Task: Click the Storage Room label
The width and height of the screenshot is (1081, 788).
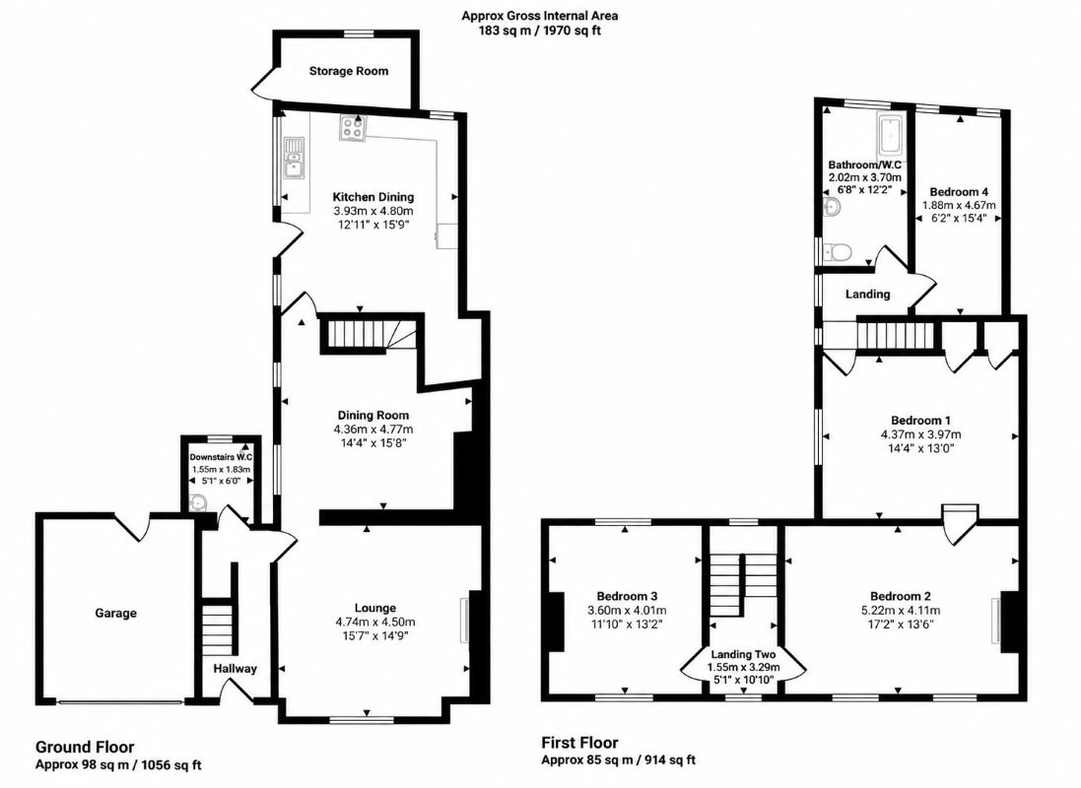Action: click(x=348, y=71)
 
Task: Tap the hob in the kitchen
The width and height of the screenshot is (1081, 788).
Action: click(x=353, y=127)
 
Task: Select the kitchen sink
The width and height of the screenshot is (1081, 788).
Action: click(x=295, y=158)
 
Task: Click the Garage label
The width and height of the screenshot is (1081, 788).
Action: click(x=116, y=613)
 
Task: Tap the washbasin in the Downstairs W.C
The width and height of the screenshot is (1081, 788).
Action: click(x=197, y=503)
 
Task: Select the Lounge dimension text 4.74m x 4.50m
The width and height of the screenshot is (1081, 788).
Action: click(x=375, y=622)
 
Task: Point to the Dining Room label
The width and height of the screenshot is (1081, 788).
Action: click(x=372, y=415)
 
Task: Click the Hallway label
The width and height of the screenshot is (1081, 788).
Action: click(x=235, y=668)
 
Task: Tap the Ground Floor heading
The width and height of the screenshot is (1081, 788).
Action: click(x=85, y=747)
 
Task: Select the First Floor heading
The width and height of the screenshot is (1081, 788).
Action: click(x=579, y=743)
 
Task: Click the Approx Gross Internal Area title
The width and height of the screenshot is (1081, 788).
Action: click(x=540, y=15)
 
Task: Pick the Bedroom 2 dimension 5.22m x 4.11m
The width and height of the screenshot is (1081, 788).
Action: click(x=901, y=610)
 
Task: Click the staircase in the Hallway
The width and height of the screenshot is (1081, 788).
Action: click(x=218, y=630)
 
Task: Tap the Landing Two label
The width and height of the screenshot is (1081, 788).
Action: click(x=743, y=654)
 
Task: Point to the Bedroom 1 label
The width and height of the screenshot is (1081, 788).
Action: click(x=920, y=421)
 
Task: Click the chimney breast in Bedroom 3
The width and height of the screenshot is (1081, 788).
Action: click(x=557, y=622)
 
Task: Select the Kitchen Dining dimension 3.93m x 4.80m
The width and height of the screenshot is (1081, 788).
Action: click(x=372, y=211)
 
